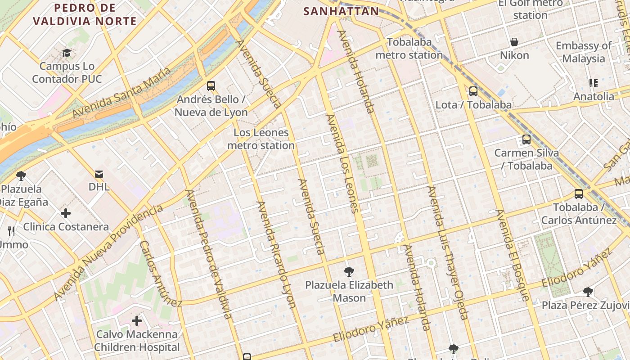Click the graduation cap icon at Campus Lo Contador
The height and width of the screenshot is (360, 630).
pyautogui.click(x=67, y=53)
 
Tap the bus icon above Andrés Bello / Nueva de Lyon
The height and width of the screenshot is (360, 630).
pyautogui.click(x=211, y=86)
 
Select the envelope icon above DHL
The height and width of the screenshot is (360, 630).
pyautogui.click(x=99, y=174)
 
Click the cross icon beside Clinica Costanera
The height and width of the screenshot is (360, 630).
pyautogui.click(x=66, y=213)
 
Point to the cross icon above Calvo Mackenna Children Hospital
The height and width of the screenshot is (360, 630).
pyautogui.click(x=137, y=321)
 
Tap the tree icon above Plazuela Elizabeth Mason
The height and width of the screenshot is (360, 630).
pyautogui.click(x=349, y=271)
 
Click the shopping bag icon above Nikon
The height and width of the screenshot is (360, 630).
pyautogui.click(x=514, y=42)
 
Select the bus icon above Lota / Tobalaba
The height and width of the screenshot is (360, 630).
pyautogui.click(x=473, y=91)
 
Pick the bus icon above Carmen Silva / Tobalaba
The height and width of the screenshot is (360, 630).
pyautogui.click(x=526, y=139)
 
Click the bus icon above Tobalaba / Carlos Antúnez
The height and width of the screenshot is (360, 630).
pyautogui.click(x=579, y=194)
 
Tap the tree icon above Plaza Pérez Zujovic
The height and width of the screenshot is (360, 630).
pyautogui.click(x=588, y=292)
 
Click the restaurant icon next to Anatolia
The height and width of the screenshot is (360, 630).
pyautogui.click(x=594, y=83)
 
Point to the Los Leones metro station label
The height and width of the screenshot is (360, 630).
pyautogui.click(x=261, y=139)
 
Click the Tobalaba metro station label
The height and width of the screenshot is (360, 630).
pyautogui.click(x=409, y=49)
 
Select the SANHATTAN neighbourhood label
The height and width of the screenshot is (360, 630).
pyautogui.click(x=341, y=11)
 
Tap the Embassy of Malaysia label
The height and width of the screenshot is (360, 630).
pyautogui.click(x=584, y=52)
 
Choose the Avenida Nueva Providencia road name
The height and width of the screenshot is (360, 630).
pyautogui.click(x=108, y=252)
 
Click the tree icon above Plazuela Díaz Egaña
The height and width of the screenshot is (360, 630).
pyautogui.click(x=21, y=175)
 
